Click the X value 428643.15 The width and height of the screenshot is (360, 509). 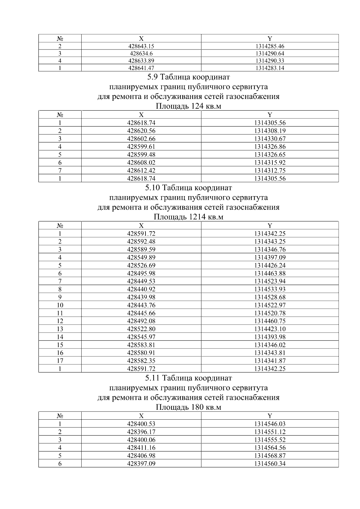[141, 46]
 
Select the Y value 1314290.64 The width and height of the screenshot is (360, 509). [270, 54]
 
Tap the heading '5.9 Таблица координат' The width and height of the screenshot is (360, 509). [188, 77]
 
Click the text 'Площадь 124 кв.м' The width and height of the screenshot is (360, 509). [188, 106]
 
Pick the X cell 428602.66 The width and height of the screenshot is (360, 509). [141, 139]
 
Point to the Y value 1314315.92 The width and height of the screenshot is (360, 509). [270, 163]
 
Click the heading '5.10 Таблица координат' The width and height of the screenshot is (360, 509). [188, 188]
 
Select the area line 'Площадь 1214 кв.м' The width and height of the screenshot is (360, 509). [188, 217]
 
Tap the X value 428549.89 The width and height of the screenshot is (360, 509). [141, 257]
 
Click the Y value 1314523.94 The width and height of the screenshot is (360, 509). [270, 281]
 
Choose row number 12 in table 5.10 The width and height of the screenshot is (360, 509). [60, 321]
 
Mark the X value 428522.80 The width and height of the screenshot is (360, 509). [141, 329]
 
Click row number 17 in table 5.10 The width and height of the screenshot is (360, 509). [60, 361]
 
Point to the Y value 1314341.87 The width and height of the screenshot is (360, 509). [270, 361]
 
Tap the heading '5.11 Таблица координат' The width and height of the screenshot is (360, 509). [188, 378]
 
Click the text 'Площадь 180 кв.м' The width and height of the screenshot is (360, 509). [188, 407]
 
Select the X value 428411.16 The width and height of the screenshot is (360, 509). [141, 448]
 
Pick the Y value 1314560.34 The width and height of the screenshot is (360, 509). [270, 464]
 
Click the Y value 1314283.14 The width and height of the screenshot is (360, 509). [270, 68]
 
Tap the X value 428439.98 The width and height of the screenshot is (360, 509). [141, 297]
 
